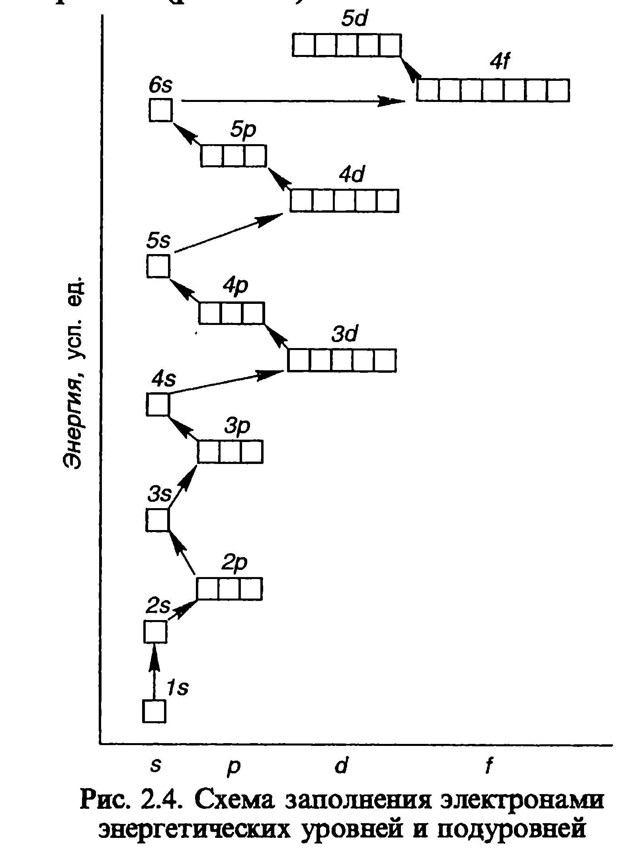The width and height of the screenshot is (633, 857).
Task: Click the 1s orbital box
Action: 154,711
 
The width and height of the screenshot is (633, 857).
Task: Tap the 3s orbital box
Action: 158,520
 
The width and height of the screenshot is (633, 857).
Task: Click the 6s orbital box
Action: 161,110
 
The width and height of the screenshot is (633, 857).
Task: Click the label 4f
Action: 500,63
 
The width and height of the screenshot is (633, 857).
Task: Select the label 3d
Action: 345,334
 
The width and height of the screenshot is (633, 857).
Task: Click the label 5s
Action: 158,241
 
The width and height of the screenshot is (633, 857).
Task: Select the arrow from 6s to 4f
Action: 293,101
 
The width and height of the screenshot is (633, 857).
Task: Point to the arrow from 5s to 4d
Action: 229,233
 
